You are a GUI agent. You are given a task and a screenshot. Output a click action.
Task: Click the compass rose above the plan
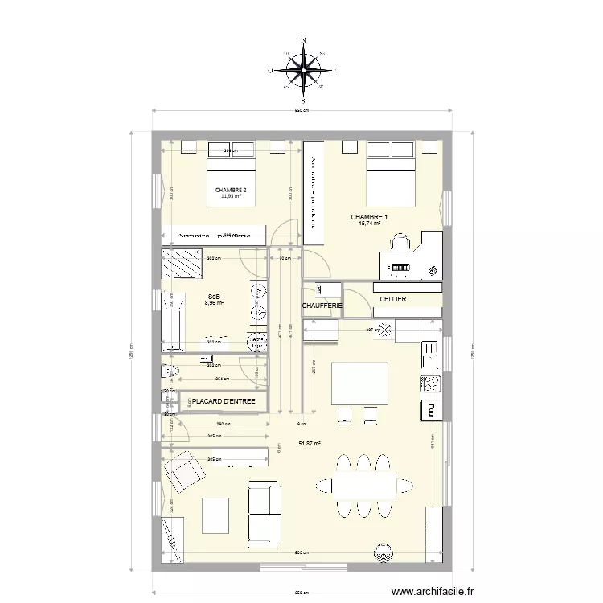[303, 71]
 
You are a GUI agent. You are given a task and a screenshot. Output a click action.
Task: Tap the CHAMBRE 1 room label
[369, 217]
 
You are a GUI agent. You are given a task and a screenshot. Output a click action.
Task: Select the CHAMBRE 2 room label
[231, 190]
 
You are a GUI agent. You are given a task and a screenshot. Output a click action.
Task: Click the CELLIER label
[393, 300]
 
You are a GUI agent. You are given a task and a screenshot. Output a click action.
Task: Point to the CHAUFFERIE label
[322, 306]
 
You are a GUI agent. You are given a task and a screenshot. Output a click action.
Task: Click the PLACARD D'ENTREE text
[224, 400]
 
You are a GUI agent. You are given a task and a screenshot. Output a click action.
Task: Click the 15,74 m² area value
[370, 224]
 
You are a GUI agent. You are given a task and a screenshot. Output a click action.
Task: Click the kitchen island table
[359, 384]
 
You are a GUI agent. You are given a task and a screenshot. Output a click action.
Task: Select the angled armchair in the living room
[183, 470]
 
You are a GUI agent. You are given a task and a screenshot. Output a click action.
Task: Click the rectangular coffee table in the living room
[215, 514]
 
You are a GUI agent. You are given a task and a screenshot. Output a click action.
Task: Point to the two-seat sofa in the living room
[265, 512]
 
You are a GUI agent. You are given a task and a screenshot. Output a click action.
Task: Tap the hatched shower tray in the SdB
[181, 263]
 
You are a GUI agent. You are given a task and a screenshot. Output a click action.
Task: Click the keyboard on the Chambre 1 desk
[399, 266]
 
